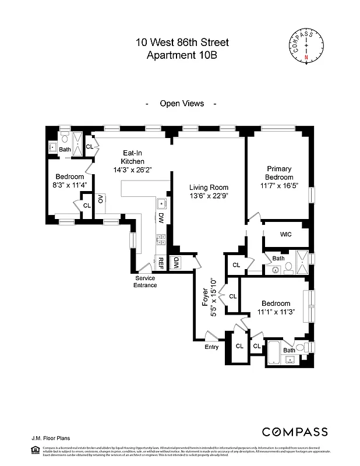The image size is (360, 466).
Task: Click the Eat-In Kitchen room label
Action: coord(132,157)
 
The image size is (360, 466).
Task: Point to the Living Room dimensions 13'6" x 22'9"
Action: coord(209,196)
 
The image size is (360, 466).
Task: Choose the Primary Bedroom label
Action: coord(278,173)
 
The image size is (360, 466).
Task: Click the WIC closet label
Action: coord(285,234)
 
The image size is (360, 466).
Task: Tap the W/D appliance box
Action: coord(175,263)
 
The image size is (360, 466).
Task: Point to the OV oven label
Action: coord(101,199)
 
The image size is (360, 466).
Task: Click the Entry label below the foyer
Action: coord(211,347)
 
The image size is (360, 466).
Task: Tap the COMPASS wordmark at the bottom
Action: coord(295,432)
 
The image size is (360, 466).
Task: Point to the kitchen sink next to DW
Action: coord(162,204)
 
